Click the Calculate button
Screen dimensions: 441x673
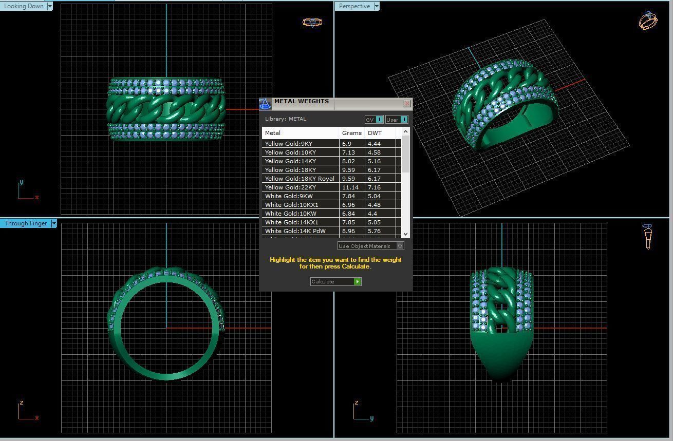click(335, 281)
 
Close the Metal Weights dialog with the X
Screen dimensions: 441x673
click(407, 104)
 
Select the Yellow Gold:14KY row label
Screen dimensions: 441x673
click(290, 161)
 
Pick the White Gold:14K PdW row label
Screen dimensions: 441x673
click(295, 231)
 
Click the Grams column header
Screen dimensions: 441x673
click(351, 133)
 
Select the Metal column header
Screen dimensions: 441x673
click(273, 133)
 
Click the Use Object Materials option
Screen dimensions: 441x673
click(370, 246)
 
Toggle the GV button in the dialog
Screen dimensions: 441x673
click(374, 120)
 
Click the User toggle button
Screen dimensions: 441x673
click(397, 120)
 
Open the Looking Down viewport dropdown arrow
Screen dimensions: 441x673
click(50, 6)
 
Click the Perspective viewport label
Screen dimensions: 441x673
click(354, 6)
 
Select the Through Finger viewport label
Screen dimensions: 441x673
click(26, 223)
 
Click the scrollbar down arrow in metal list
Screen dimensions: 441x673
click(405, 234)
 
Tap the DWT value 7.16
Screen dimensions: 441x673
click(374, 187)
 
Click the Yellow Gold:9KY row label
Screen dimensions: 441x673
click(288, 144)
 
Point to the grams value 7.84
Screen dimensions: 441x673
click(348, 196)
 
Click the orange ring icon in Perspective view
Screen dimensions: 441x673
click(648, 21)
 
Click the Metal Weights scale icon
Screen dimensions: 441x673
click(265, 104)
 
